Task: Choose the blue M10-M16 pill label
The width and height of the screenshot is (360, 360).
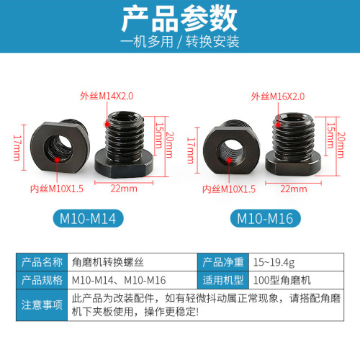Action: [x=266, y=217]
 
